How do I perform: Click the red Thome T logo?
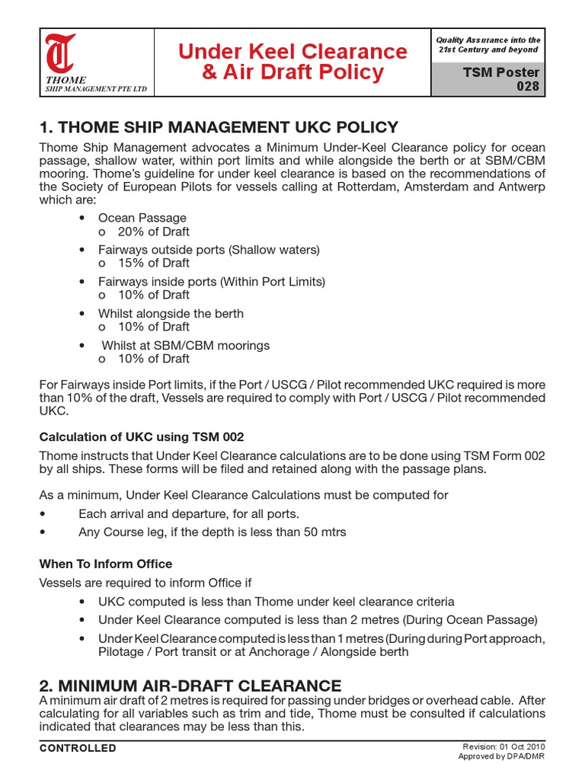tap(60, 53)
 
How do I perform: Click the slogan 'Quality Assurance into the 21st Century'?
tap(488, 44)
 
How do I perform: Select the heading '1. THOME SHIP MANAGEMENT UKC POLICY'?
tap(219, 126)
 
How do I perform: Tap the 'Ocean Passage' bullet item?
tap(142, 218)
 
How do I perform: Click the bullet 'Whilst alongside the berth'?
tap(171, 313)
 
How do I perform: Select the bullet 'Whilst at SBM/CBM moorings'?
tap(185, 345)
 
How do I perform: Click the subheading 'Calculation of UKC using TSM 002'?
tap(142, 436)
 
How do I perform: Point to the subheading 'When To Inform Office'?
tap(106, 564)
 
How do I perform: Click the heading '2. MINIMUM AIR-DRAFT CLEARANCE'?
tap(190, 685)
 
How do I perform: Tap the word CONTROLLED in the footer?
tap(78, 748)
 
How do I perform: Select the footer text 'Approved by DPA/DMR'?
tap(501, 756)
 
